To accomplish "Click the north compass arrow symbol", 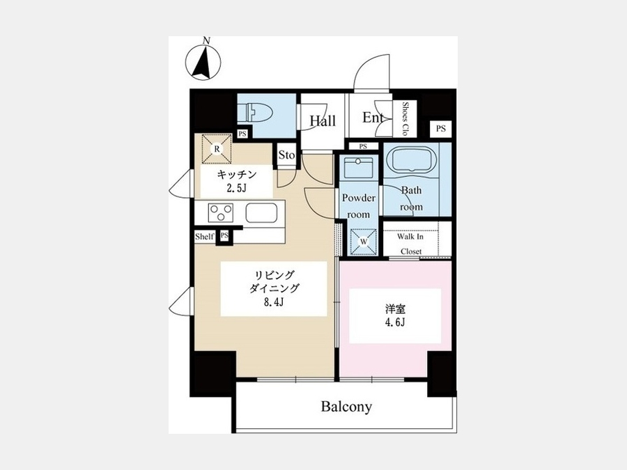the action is click(203, 63).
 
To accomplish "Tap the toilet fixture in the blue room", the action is click(255, 112).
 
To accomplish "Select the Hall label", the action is click(323, 120).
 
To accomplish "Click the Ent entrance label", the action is click(373, 118).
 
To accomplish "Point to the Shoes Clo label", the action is click(405, 118).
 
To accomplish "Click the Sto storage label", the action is click(286, 155).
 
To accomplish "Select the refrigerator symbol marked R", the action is click(217, 149).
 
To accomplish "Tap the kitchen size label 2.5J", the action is click(236, 188).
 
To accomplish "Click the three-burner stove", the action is click(220, 212).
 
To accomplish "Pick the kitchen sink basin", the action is click(261, 212).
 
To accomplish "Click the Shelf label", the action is click(204, 236).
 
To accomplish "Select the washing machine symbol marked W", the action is click(364, 242).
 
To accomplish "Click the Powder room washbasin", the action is click(359, 167).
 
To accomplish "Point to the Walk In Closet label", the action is click(410, 244).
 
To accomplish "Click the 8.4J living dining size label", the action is click(274, 301).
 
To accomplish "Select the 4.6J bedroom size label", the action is click(395, 322).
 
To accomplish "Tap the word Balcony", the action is click(346, 407).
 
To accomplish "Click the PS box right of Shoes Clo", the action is click(441, 129).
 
